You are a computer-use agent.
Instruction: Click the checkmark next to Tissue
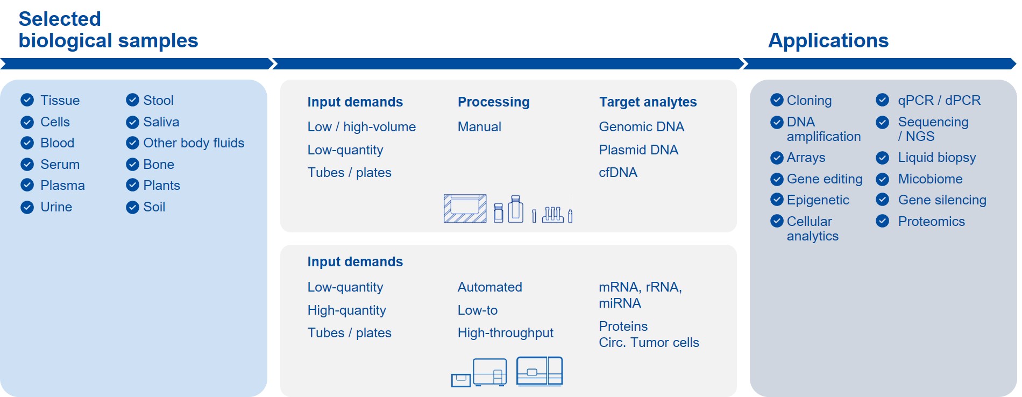(27, 100)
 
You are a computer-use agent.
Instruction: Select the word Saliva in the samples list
(161, 122)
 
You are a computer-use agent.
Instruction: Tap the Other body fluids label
(193, 143)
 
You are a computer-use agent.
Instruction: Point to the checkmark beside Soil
(132, 207)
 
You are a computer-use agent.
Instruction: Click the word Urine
(56, 207)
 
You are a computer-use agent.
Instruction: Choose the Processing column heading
(493, 102)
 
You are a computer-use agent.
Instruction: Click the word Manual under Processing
(479, 127)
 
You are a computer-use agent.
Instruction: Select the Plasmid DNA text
(638, 150)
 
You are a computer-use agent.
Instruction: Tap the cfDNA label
(618, 173)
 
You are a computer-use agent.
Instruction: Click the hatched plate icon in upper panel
(465, 209)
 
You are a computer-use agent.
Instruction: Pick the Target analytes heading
(648, 102)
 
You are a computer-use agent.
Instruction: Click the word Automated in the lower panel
(489, 287)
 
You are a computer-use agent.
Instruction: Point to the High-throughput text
(505, 333)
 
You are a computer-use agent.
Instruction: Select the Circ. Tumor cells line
(649, 343)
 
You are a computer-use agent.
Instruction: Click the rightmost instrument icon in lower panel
(539, 371)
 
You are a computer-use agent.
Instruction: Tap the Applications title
(828, 41)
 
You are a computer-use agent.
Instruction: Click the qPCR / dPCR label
(939, 101)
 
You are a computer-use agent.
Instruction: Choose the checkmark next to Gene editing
(777, 179)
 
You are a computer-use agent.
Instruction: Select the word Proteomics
(931, 222)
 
